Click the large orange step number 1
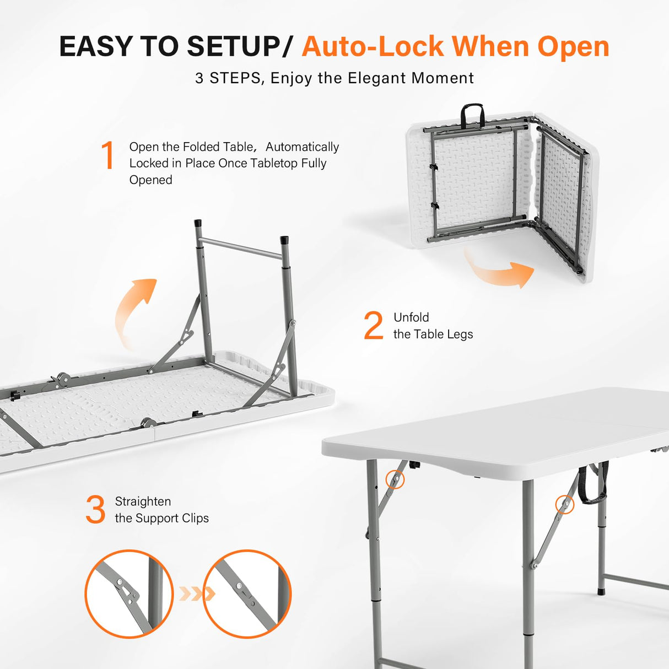108,155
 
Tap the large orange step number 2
373,326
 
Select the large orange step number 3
95,510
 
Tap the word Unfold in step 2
411,317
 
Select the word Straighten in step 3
143,501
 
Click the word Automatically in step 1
302,147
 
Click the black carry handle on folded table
472,114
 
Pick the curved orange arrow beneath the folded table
499,270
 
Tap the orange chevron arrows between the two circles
196,594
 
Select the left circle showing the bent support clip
129,594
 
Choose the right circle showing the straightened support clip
247,594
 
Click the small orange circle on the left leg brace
395,479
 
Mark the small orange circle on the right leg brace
564,504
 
